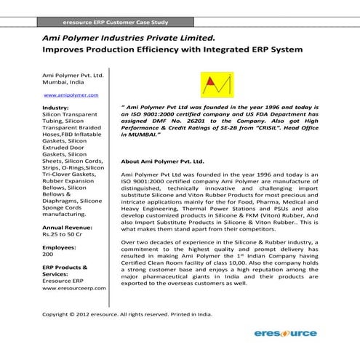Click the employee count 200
point(49,255)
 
